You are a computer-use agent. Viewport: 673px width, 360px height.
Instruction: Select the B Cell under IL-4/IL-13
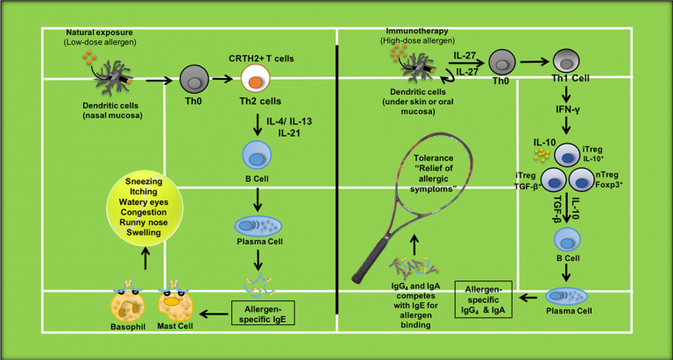click(254, 159)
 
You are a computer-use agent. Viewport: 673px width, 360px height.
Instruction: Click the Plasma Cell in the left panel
click(258, 226)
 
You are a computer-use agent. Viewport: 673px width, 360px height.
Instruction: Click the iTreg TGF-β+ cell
click(554, 180)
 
